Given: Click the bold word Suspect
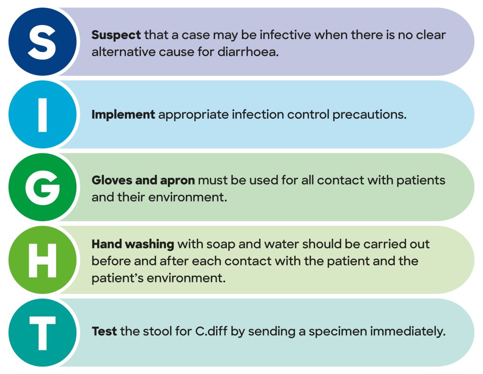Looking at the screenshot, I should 116,35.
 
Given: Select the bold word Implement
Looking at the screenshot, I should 123,115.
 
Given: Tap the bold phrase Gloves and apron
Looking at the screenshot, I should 143,180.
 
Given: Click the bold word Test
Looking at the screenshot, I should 104,332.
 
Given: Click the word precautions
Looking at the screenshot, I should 369,115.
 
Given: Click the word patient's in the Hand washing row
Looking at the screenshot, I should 117,278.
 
